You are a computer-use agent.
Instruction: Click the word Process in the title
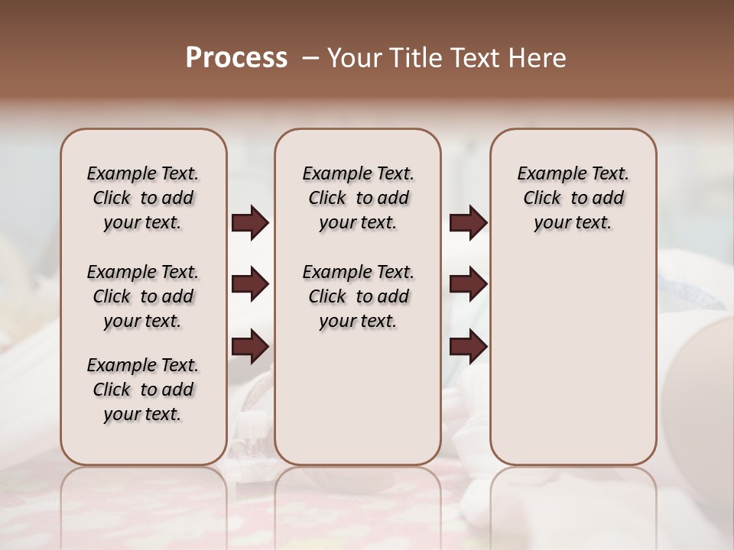click(236, 58)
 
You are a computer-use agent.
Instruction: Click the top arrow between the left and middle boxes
click(250, 223)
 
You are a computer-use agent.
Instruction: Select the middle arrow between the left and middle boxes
click(250, 285)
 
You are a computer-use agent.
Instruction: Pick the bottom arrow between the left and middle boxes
click(250, 347)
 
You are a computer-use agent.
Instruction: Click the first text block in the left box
click(143, 198)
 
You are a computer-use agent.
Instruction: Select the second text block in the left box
click(143, 296)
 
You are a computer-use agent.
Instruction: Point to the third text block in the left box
click(143, 390)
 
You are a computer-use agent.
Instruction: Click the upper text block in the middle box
click(358, 198)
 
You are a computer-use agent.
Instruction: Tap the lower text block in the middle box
click(358, 296)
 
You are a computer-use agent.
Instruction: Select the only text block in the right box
click(573, 198)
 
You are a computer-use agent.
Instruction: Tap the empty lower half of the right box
click(573, 367)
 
